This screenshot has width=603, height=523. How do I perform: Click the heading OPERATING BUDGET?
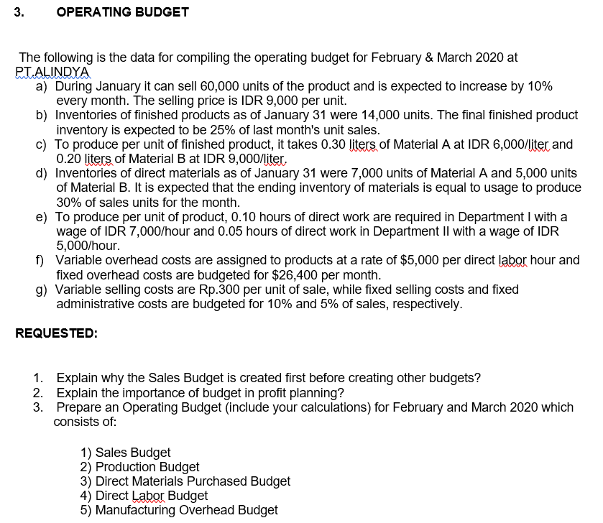(122, 12)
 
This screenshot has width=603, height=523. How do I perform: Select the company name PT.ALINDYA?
(53, 72)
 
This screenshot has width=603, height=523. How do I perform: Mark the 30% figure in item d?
(70, 202)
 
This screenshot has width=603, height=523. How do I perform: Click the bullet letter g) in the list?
(42, 290)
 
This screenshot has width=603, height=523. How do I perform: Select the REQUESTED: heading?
(56, 333)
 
